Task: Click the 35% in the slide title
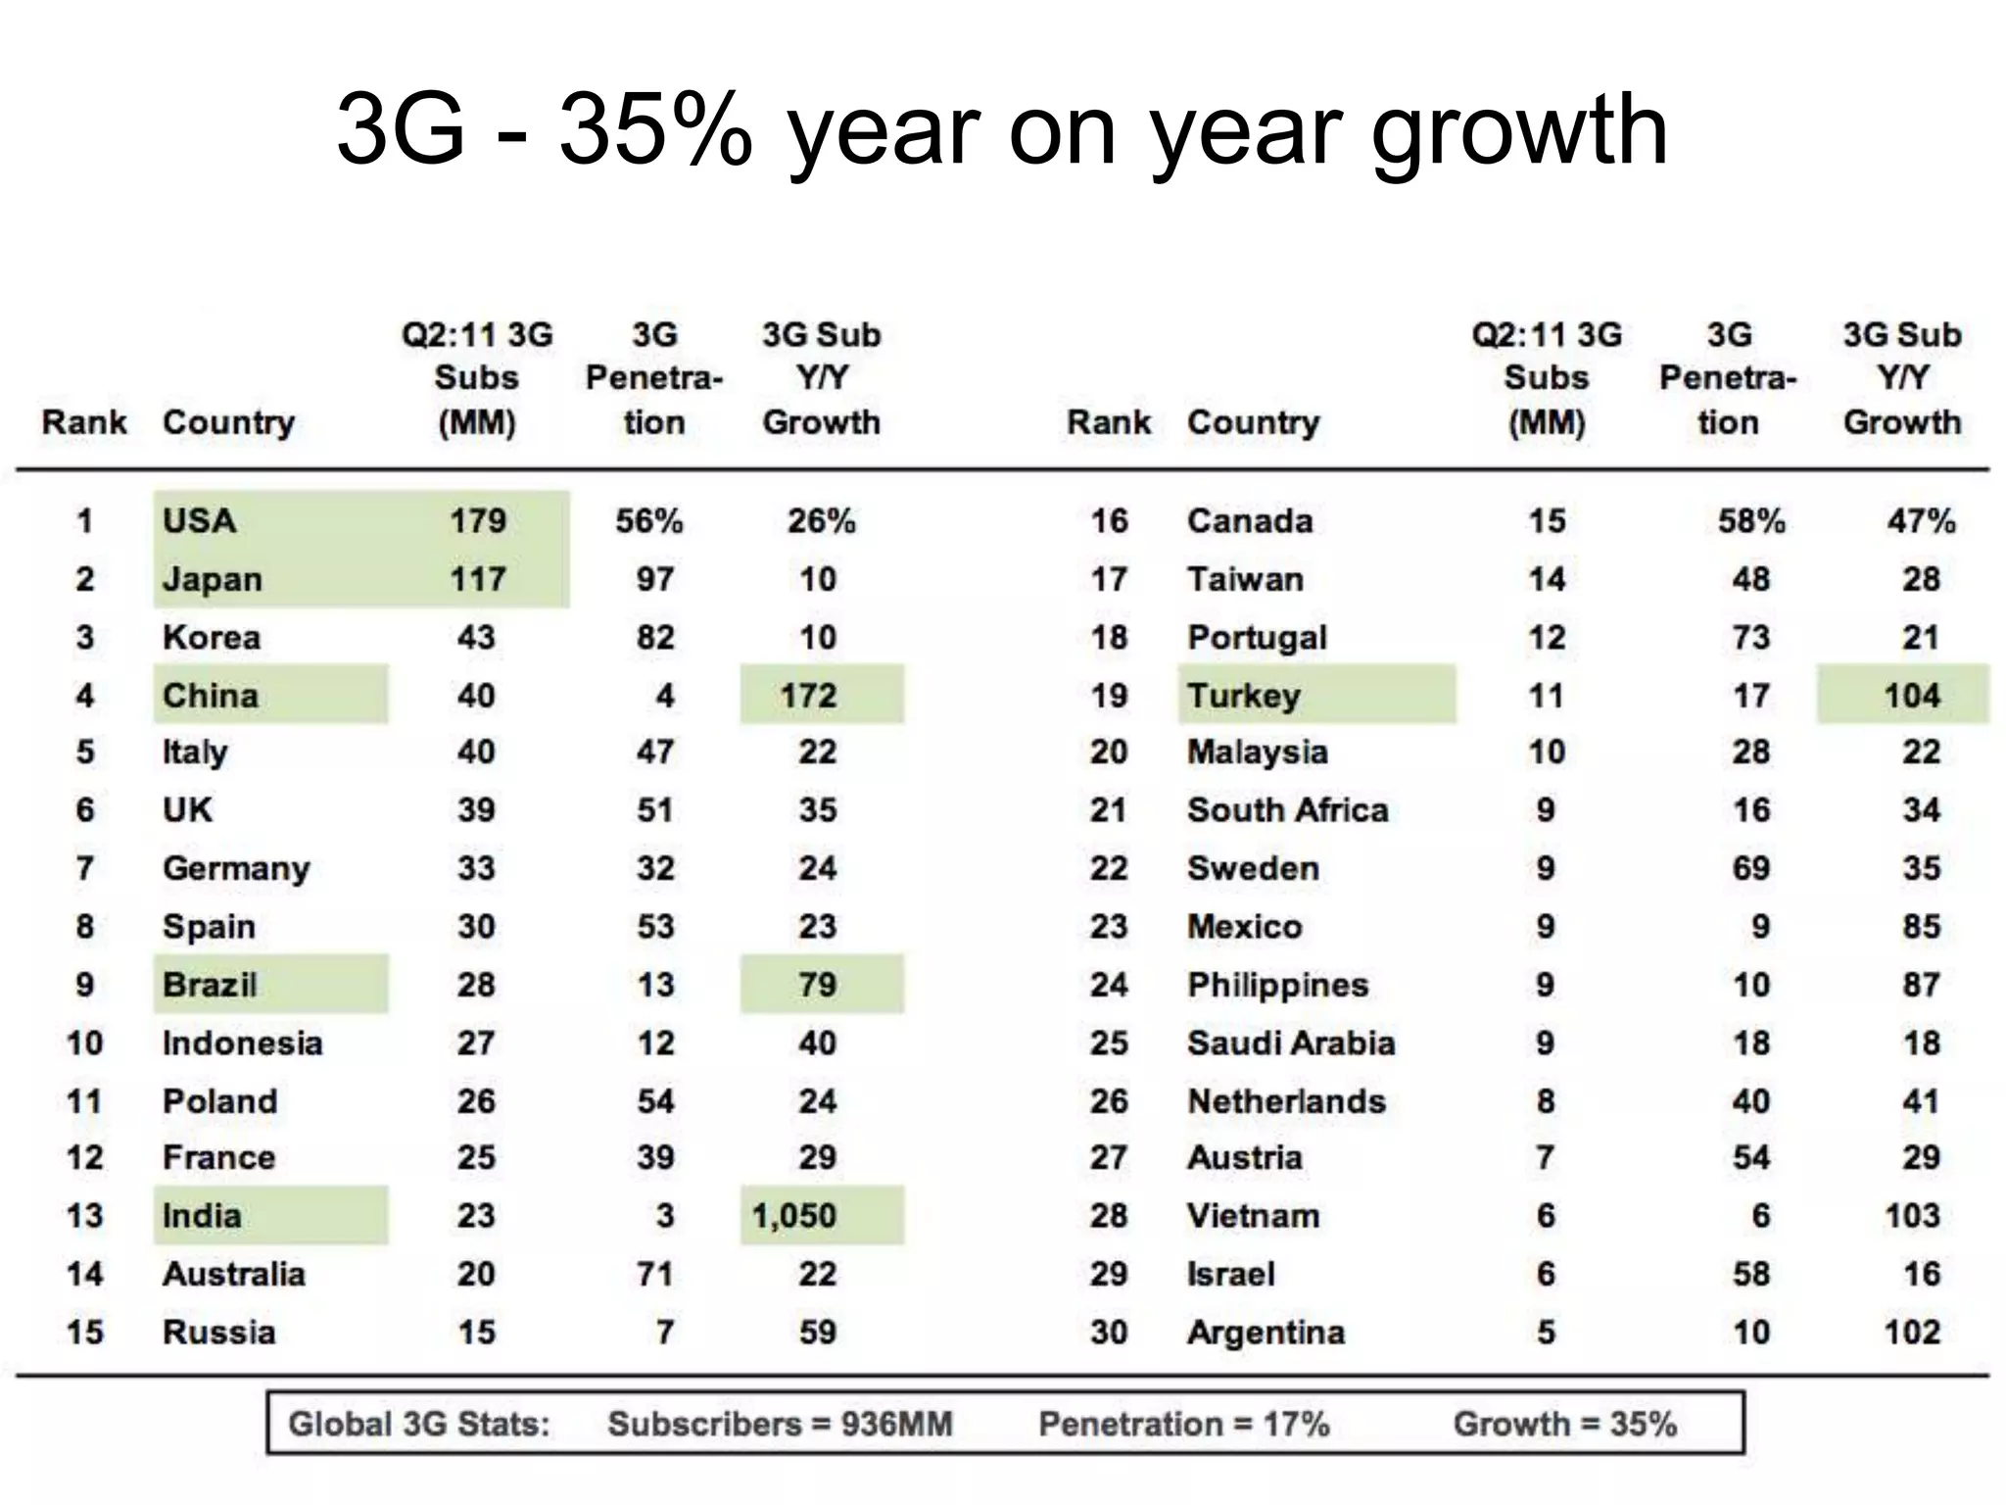tap(654, 130)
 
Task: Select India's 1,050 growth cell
tap(794, 1216)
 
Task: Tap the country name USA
tap(200, 520)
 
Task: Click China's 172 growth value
tap(808, 696)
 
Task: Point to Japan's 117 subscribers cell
tap(477, 579)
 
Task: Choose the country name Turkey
tap(1244, 696)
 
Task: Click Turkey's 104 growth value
tap(1911, 696)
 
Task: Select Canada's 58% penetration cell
tap(1750, 520)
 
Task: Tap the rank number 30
tap(1108, 1333)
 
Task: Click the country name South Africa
tap(1287, 810)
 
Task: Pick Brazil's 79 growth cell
tap(817, 985)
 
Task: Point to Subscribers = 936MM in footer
tap(780, 1424)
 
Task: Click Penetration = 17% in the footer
tap(1183, 1424)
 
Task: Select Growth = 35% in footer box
tap(1564, 1424)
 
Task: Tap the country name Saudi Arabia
tap(1290, 1043)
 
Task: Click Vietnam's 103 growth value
tap(1911, 1216)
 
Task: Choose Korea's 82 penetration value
tap(654, 638)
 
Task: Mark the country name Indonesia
tap(242, 1043)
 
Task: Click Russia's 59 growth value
tap(817, 1333)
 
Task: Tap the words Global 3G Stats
tap(418, 1424)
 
